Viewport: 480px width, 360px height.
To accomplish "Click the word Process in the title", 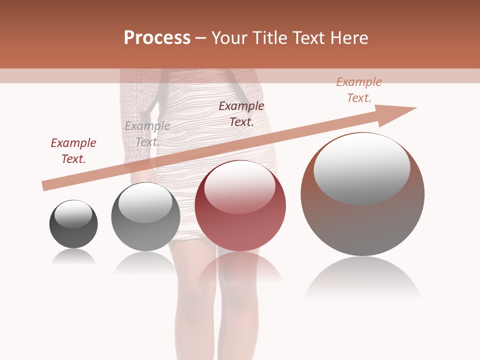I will click(157, 38).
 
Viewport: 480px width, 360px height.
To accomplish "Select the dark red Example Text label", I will click(73, 151).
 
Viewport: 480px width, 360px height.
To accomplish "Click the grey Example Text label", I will click(147, 134).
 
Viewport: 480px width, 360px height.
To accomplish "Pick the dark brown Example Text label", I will click(241, 114).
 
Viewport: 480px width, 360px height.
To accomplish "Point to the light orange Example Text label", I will click(359, 90).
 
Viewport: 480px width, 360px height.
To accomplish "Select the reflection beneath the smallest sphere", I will click(73, 257).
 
